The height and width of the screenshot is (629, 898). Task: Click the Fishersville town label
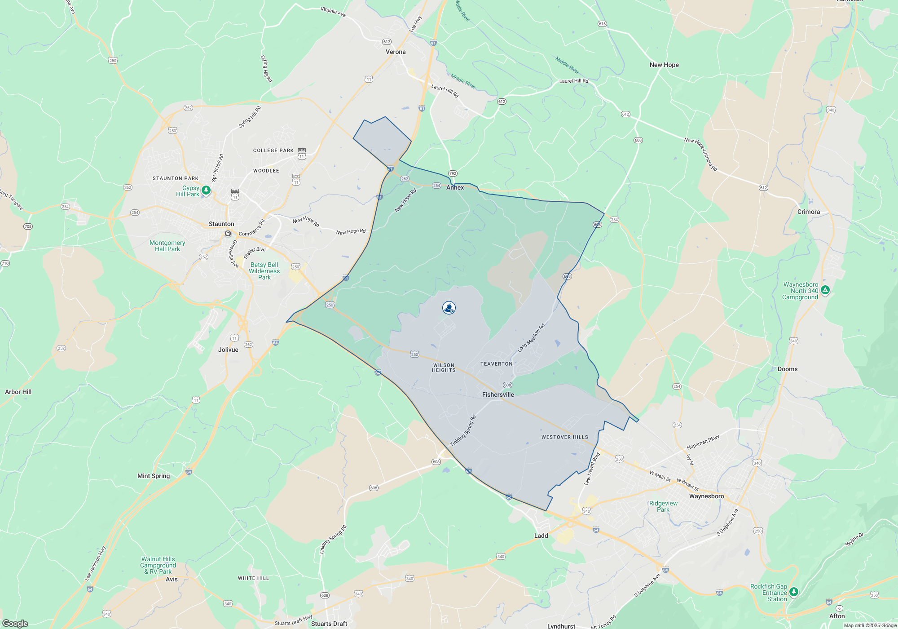coord(498,394)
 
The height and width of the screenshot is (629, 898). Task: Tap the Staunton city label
coord(221,224)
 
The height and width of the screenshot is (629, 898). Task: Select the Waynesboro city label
coord(706,496)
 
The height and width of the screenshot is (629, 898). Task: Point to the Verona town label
coord(396,52)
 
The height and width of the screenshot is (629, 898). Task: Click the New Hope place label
coord(664,65)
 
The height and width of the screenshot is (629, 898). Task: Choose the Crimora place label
coord(808,212)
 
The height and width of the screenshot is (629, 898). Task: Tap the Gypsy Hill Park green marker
coord(206,190)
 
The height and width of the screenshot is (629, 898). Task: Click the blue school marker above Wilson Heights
coord(449,308)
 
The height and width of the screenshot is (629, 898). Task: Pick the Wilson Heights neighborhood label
coord(444,368)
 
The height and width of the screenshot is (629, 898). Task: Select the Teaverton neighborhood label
coord(496,364)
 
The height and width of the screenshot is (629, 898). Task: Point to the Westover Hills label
coord(564,437)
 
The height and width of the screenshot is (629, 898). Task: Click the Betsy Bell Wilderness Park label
coord(264,271)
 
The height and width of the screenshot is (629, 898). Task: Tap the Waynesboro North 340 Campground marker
coord(825,290)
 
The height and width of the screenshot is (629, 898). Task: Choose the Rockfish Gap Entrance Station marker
coord(793,592)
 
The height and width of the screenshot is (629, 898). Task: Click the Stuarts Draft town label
coord(329,624)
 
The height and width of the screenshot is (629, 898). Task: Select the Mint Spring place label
coord(154,476)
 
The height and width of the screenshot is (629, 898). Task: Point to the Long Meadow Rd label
coord(531,337)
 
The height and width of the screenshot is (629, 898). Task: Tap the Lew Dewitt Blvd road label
coord(592,469)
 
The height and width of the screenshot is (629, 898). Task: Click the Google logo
coord(15,623)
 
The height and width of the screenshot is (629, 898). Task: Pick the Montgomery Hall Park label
coord(167,246)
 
